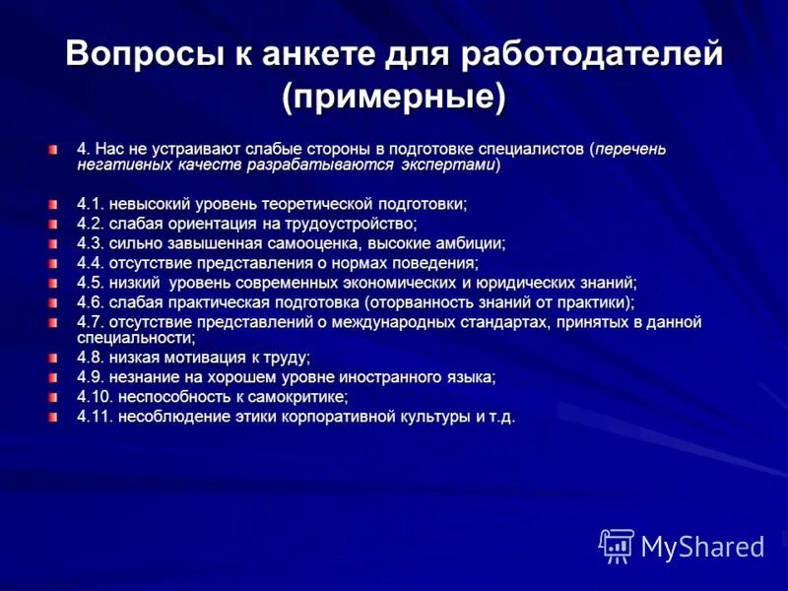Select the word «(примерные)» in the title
pyautogui.click(x=394, y=97)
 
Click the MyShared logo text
pyautogui.click(x=702, y=547)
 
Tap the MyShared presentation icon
pyautogui.click(x=617, y=546)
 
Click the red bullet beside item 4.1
pyautogui.click(x=51, y=204)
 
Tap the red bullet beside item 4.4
pyautogui.click(x=51, y=263)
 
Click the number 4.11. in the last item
pyautogui.click(x=96, y=416)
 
